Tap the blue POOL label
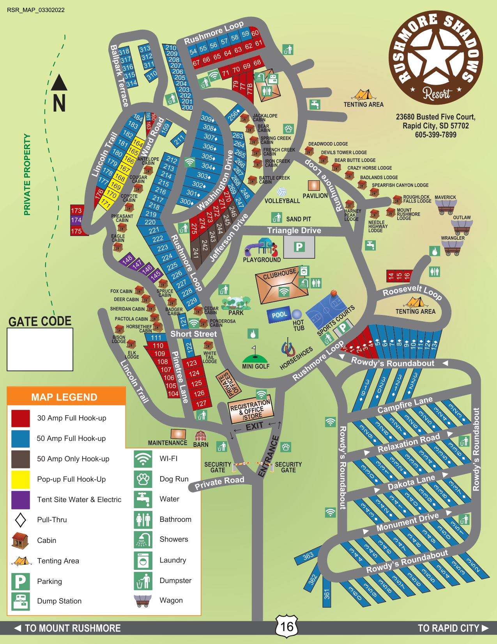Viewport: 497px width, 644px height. click(279, 315)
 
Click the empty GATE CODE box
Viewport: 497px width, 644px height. click(40, 349)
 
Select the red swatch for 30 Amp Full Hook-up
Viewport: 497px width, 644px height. click(21, 418)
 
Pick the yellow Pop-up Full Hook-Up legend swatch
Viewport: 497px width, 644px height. click(21, 479)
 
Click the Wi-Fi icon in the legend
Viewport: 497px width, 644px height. click(143, 459)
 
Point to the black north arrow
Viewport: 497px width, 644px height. click(59, 83)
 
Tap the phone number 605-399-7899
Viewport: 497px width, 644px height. click(435, 135)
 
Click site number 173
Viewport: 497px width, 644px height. click(76, 210)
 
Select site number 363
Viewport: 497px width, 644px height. click(308, 556)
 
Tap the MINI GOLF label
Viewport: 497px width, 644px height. click(256, 366)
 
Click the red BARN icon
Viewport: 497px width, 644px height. click(200, 436)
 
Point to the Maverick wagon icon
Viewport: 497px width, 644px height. click(446, 207)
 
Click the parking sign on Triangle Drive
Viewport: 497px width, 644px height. click(299, 247)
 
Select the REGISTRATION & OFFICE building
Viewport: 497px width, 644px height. click(251, 411)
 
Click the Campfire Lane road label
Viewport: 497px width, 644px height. click(405, 405)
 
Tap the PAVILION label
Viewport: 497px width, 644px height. click(315, 196)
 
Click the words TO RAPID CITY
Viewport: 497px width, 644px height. click(448, 628)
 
